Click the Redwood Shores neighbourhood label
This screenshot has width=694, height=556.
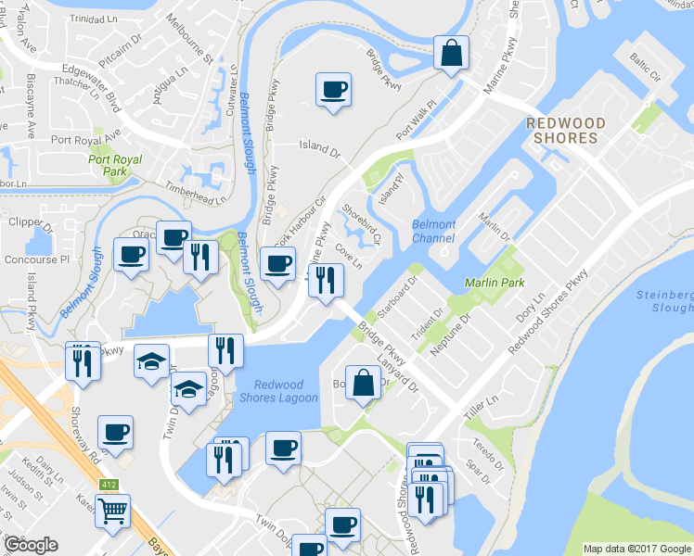(x=565, y=131)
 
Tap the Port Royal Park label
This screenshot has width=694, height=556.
(x=115, y=166)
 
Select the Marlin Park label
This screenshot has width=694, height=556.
(x=495, y=282)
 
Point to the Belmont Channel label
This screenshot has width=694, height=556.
(x=433, y=232)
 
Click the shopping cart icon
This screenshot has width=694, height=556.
(x=113, y=509)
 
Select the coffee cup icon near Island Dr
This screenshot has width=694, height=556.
(x=333, y=90)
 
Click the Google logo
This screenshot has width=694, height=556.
(x=32, y=545)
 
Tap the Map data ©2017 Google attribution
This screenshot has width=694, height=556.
(x=636, y=548)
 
